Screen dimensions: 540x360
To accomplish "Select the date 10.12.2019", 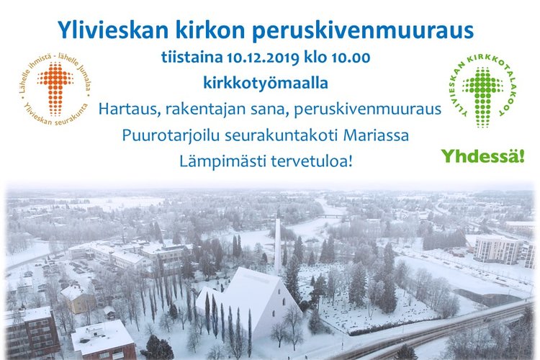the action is [x=263, y=58].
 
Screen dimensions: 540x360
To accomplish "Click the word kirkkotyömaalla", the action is [x=266, y=84].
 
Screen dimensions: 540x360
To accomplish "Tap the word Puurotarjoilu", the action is [x=171, y=135].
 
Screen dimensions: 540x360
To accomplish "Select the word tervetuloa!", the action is [x=311, y=161].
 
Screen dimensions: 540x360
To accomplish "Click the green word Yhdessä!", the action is [x=483, y=156].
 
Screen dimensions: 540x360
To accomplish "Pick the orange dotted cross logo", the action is [x=55, y=88].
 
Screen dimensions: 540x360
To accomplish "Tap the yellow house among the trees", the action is [x=78, y=299].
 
